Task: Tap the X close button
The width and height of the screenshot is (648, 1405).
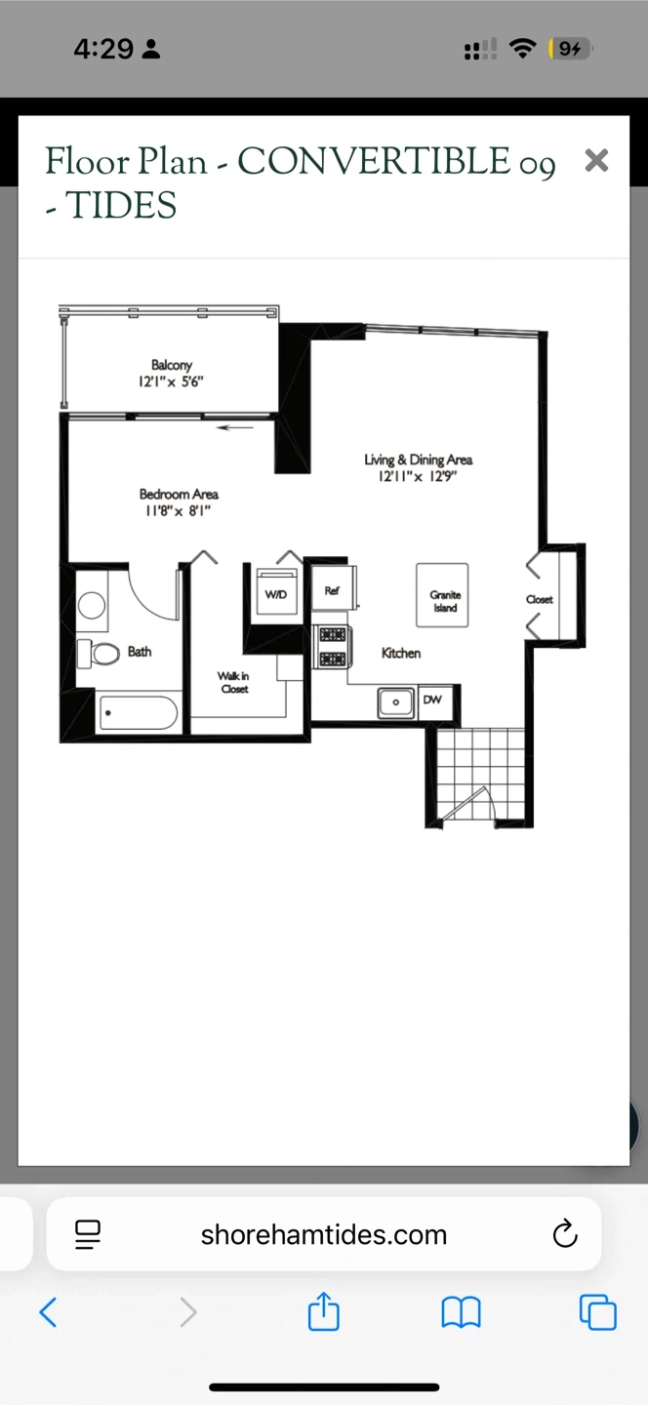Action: click(x=596, y=160)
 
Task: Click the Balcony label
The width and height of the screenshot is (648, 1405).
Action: click(x=171, y=365)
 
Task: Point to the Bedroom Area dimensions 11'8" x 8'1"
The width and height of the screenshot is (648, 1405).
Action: click(x=179, y=510)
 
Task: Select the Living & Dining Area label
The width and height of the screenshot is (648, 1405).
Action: click(x=419, y=460)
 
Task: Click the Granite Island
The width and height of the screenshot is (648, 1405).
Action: click(x=442, y=594)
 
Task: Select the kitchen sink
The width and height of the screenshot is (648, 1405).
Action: click(x=395, y=702)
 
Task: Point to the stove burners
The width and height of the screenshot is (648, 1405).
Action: click(x=333, y=647)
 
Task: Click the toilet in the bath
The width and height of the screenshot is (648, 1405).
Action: click(x=100, y=653)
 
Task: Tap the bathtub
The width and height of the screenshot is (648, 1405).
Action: click(x=138, y=712)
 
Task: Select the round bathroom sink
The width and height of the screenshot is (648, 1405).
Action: click(x=92, y=606)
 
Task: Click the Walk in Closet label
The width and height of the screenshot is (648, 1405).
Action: click(x=234, y=682)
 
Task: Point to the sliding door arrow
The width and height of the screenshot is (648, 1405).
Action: click(x=235, y=427)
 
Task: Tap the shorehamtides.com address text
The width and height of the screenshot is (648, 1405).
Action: click(x=324, y=1234)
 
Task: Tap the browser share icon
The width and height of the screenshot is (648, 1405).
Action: click(x=324, y=1310)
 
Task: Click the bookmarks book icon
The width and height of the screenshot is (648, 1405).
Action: click(x=461, y=1312)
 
